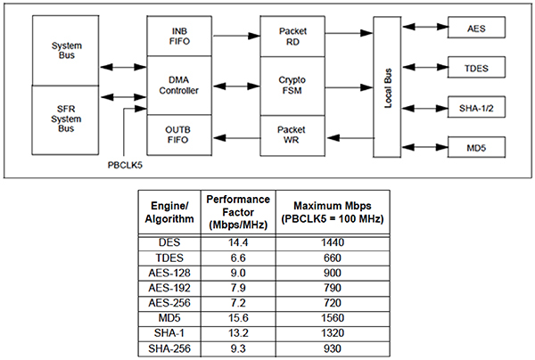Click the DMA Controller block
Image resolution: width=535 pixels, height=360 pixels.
pos(179,86)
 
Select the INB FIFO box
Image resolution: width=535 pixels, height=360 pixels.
pos(179,37)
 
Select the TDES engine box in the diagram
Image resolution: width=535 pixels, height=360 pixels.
pos(476,68)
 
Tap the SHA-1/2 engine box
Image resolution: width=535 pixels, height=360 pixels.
pos(476,107)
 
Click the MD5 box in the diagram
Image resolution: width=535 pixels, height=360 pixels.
pos(476,146)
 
